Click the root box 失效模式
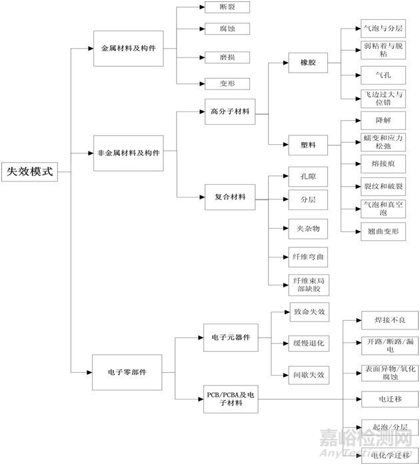29,171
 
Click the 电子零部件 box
127,370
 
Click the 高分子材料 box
229,111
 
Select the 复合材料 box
229,197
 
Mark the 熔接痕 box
382,162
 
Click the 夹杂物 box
308,228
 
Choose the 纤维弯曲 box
308,256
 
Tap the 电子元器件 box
230,338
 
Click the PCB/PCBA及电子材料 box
230,400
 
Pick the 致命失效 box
309,312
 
